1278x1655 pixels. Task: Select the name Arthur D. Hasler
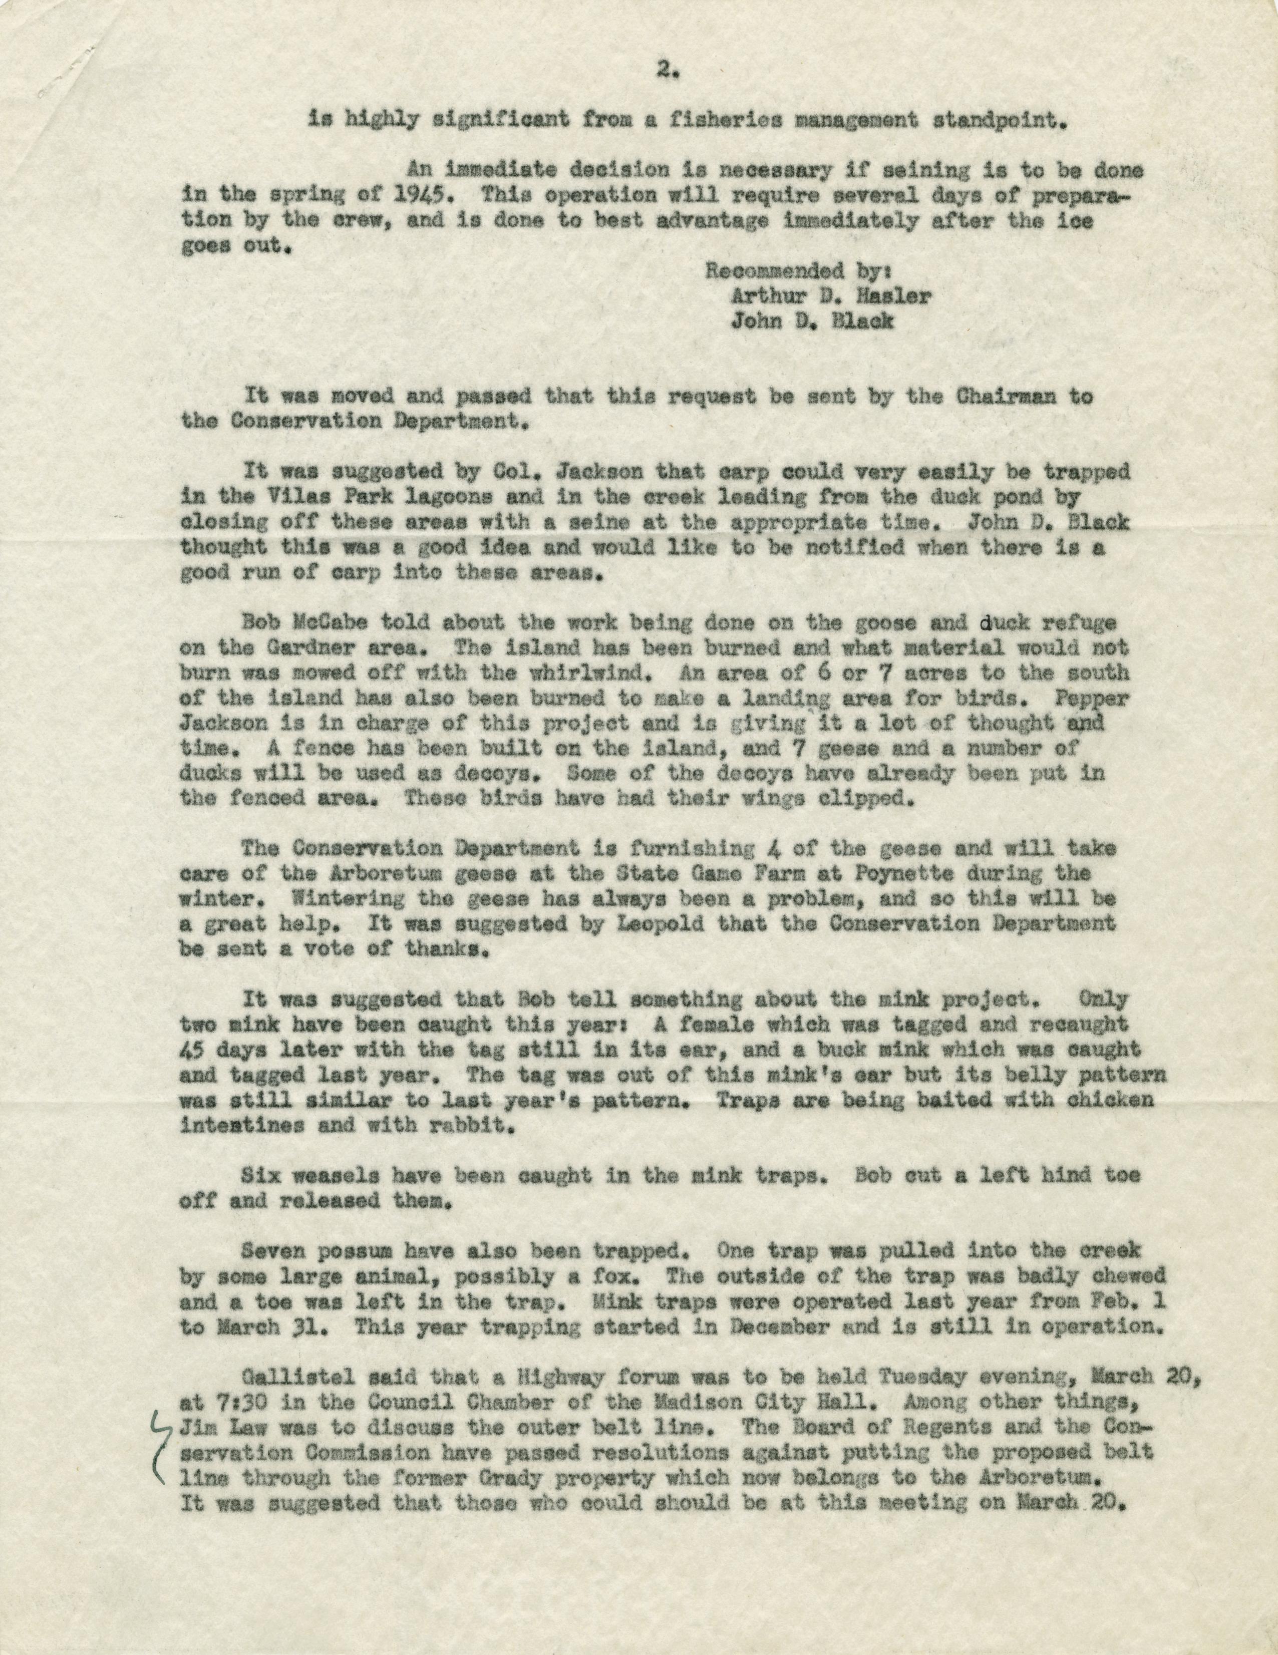pos(830,296)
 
